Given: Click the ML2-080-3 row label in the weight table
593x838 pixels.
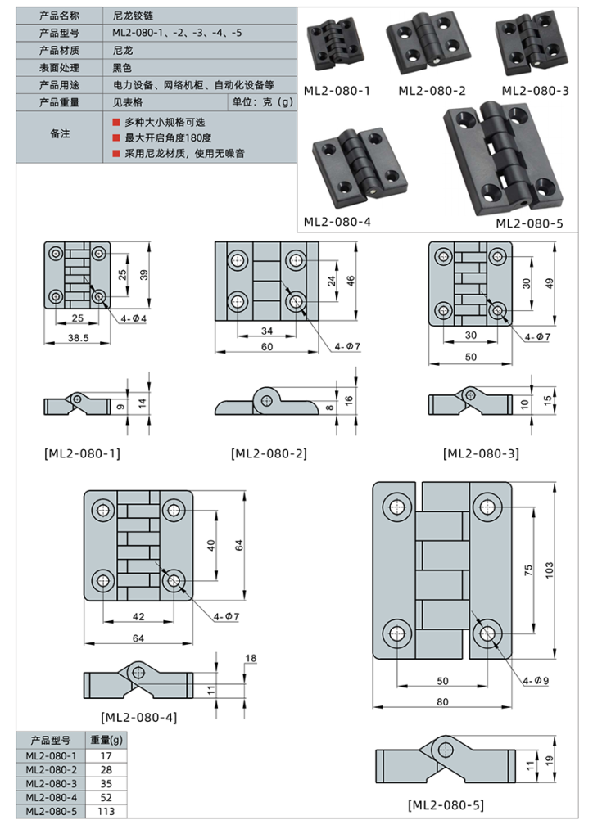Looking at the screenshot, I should coord(51,783).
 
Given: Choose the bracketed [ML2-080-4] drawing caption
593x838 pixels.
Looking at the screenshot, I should coord(138,717).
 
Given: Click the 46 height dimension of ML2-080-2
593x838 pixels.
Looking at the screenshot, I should coord(351,281).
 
